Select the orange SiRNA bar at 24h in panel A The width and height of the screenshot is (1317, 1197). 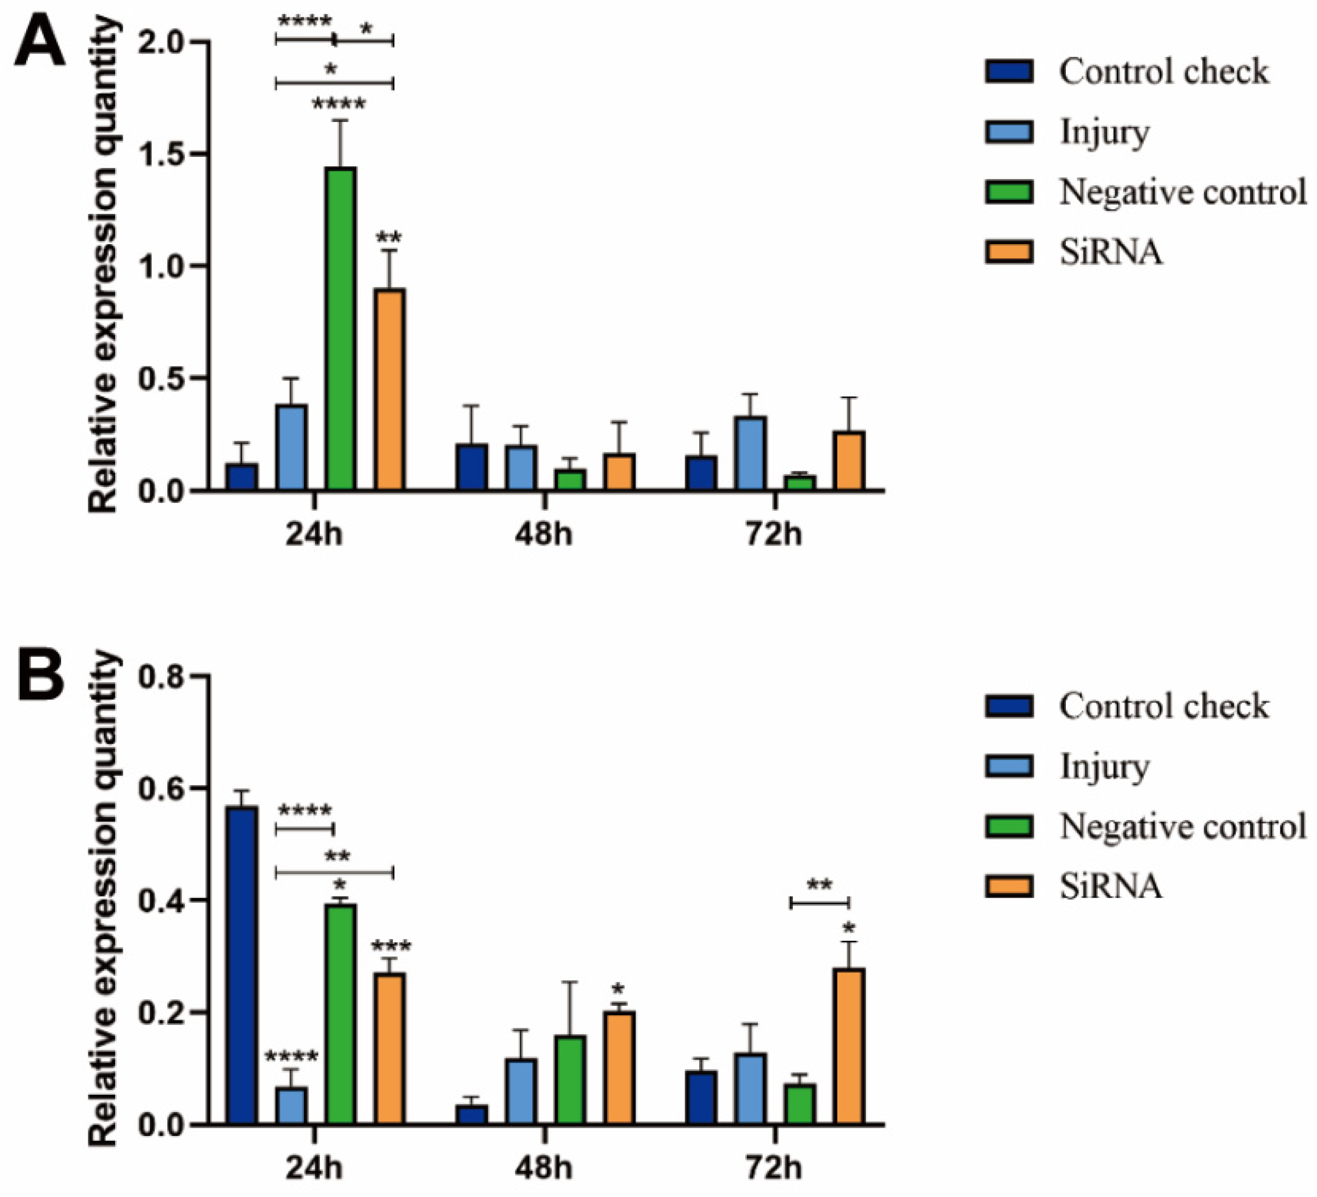pos(390,389)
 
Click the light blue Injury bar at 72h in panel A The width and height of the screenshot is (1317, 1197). pos(750,453)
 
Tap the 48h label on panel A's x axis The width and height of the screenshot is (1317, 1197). pos(543,534)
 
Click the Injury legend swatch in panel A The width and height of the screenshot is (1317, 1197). pos(1010,131)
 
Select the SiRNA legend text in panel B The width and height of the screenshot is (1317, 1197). pos(1111,886)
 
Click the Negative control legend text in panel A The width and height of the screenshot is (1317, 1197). pos(1182,192)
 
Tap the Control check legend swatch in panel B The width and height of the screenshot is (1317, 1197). pos(1010,706)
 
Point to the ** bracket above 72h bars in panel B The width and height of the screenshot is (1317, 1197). pos(820,902)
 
